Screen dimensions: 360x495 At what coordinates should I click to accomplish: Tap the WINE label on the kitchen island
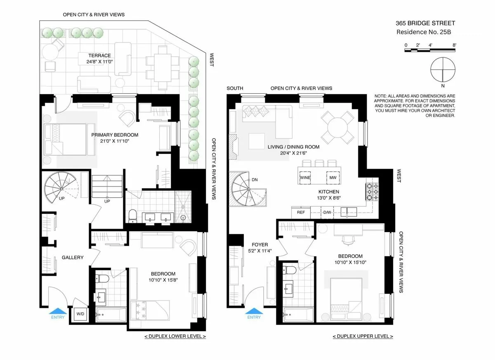[x=305, y=178]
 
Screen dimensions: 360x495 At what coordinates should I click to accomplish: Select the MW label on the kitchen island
[x=332, y=178]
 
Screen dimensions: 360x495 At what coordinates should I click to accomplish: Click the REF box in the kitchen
[x=300, y=212]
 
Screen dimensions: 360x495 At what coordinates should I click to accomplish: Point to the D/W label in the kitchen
[x=327, y=212]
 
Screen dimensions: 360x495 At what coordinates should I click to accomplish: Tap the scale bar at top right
[x=430, y=50]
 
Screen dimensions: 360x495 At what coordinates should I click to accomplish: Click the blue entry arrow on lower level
[x=58, y=311]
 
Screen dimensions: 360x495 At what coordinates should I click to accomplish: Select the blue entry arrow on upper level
[x=254, y=311]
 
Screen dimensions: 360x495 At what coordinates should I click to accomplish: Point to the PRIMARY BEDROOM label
[x=115, y=135]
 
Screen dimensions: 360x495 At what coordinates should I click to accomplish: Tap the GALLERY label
[x=73, y=258]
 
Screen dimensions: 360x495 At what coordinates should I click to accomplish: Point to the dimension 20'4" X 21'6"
[x=293, y=153]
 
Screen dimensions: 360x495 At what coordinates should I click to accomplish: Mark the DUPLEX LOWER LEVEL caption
[x=175, y=336]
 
